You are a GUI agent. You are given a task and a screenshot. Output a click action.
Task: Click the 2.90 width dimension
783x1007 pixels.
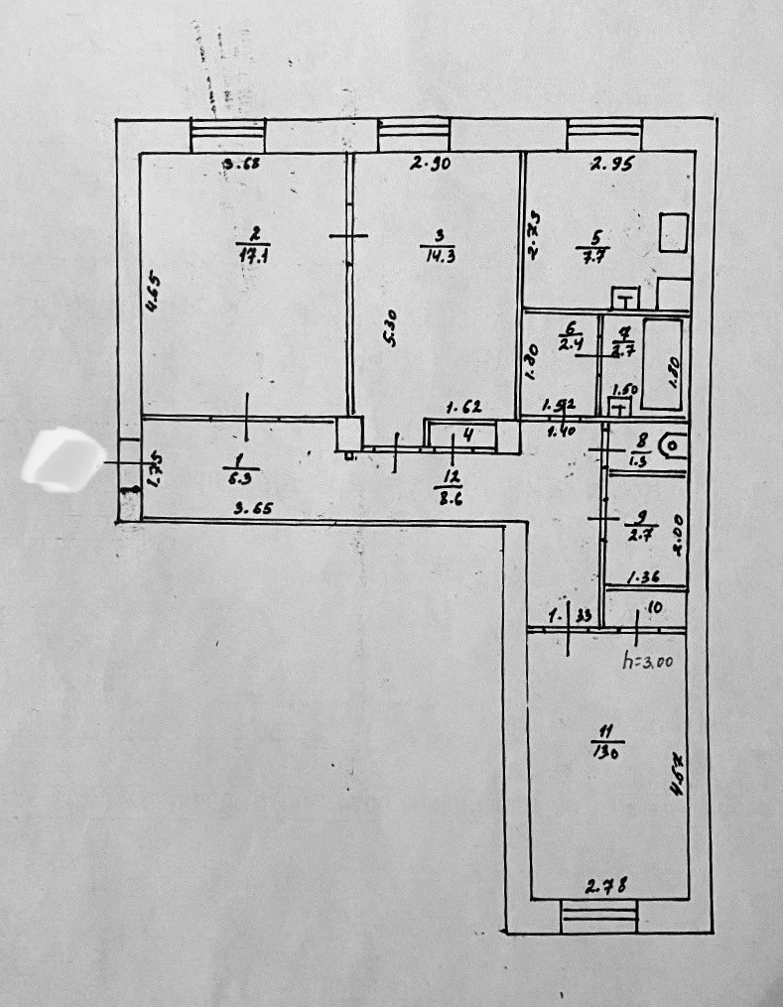pyautogui.click(x=432, y=166)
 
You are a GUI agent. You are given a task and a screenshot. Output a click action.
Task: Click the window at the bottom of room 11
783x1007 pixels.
pyautogui.click(x=598, y=916)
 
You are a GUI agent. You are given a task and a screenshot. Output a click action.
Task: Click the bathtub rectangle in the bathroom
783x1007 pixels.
pyautogui.click(x=662, y=363)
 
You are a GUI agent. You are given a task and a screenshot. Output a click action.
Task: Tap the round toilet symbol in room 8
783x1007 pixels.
pyautogui.click(x=673, y=447)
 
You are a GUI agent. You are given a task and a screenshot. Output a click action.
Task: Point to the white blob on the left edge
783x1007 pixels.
pyautogui.click(x=63, y=459)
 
